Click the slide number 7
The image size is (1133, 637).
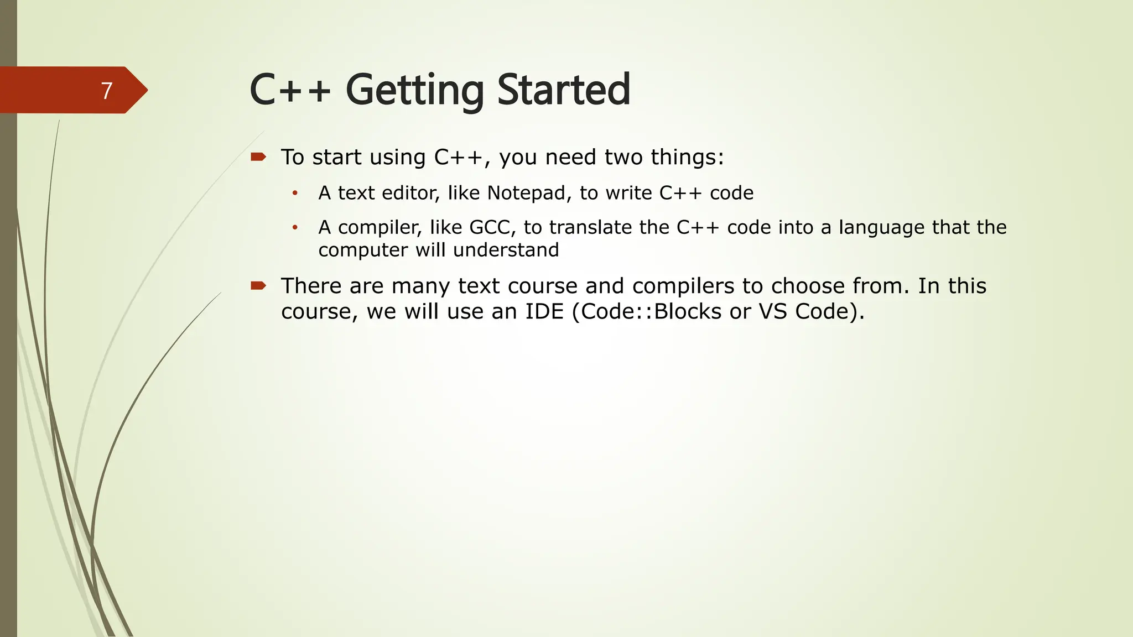pos(107,91)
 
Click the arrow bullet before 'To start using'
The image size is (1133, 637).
pos(258,157)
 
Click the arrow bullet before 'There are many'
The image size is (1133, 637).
pos(258,286)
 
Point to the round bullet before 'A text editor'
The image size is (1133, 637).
pos(295,194)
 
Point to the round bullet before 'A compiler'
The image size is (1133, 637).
pos(295,228)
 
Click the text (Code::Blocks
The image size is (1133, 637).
pos(646,312)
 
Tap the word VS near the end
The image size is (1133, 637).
pos(773,312)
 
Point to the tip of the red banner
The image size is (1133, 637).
pos(146,90)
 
